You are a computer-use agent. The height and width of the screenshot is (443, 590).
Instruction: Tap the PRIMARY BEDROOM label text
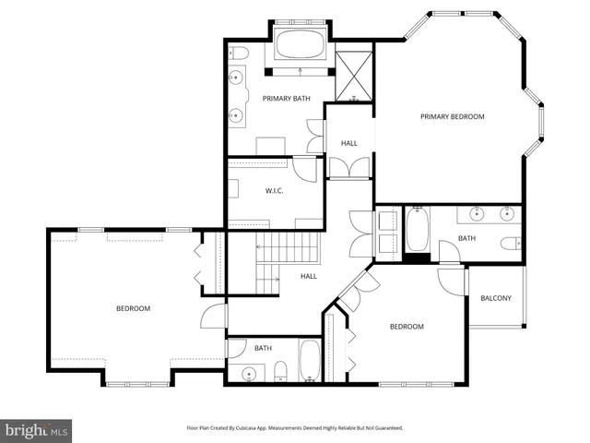[x=452, y=117]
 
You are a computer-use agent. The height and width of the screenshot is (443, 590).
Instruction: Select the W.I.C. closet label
[x=273, y=191]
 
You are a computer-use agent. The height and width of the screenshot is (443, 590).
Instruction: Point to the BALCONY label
[x=496, y=298]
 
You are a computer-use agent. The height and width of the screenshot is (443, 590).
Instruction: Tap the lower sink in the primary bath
[x=239, y=114]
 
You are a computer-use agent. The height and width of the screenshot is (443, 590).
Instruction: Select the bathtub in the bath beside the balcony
[x=417, y=231]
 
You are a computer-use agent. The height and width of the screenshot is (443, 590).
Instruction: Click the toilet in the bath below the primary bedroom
[x=509, y=245]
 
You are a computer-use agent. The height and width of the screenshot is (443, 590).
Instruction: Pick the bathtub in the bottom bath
[x=310, y=361]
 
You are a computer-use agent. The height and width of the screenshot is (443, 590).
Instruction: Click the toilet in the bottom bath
[x=280, y=371]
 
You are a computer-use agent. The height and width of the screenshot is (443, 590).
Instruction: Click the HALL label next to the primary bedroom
[x=349, y=143]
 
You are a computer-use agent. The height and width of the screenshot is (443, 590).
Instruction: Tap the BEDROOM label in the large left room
[x=133, y=308]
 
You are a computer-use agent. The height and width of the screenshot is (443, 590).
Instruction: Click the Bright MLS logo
[x=37, y=430]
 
